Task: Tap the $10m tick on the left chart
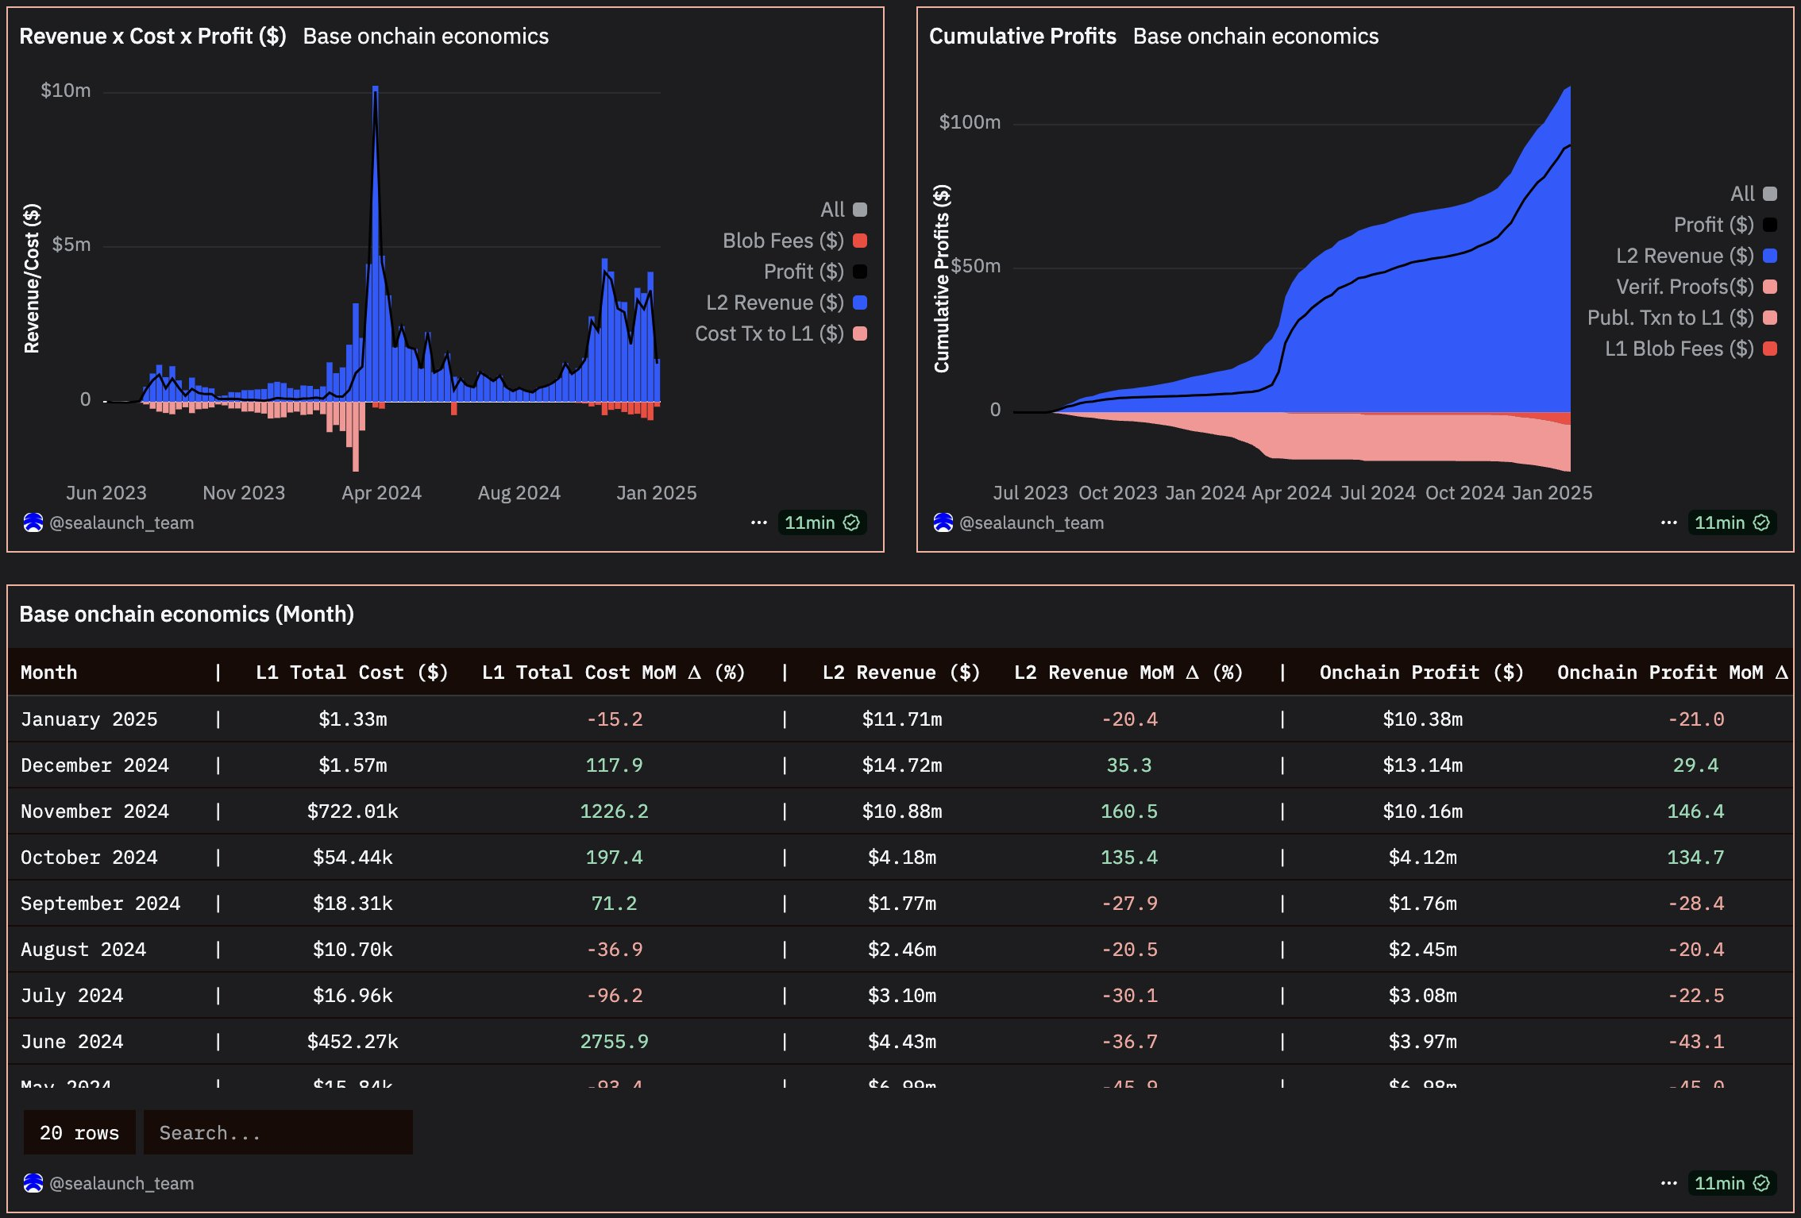(66, 91)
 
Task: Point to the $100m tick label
(970, 122)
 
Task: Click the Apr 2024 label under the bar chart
(381, 493)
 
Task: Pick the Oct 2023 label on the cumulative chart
(1117, 493)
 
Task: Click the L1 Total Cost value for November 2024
(353, 811)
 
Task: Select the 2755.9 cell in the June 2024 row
(614, 1042)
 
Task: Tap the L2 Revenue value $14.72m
(902, 765)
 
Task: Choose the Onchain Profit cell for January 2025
(1422, 719)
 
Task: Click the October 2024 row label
(89, 858)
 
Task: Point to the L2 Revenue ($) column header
(901, 673)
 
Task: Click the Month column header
(49, 673)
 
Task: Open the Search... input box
(278, 1133)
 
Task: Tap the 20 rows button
(79, 1133)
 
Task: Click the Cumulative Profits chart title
(1022, 37)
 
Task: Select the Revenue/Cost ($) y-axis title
(32, 278)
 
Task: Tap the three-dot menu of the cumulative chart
(1668, 522)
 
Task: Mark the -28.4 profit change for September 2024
(1695, 904)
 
